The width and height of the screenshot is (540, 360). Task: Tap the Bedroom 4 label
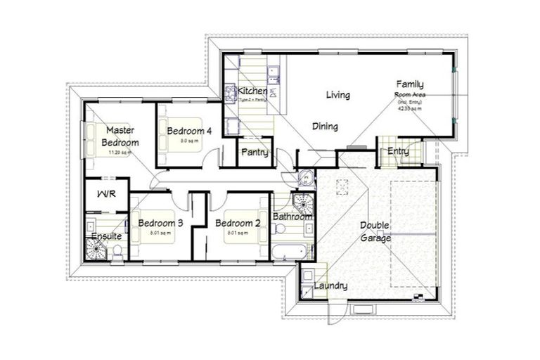point(189,130)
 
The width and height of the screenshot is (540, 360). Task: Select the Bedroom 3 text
point(160,224)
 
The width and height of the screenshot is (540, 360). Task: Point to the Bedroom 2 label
point(238,224)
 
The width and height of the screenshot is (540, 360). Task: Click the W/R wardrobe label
point(105,194)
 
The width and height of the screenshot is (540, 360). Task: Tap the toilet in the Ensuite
point(118,251)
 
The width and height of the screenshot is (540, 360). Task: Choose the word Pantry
point(253,152)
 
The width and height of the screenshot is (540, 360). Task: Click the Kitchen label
point(252,91)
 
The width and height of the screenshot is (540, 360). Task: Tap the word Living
point(337,95)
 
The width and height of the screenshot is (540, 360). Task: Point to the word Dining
point(325,127)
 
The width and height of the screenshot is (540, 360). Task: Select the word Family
point(409,84)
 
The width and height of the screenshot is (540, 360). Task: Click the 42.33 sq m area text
point(409,109)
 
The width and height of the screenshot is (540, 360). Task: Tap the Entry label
point(398,151)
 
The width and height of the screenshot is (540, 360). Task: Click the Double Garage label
point(375,232)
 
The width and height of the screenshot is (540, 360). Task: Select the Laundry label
point(330,286)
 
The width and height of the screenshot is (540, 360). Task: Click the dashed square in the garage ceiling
point(343,188)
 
